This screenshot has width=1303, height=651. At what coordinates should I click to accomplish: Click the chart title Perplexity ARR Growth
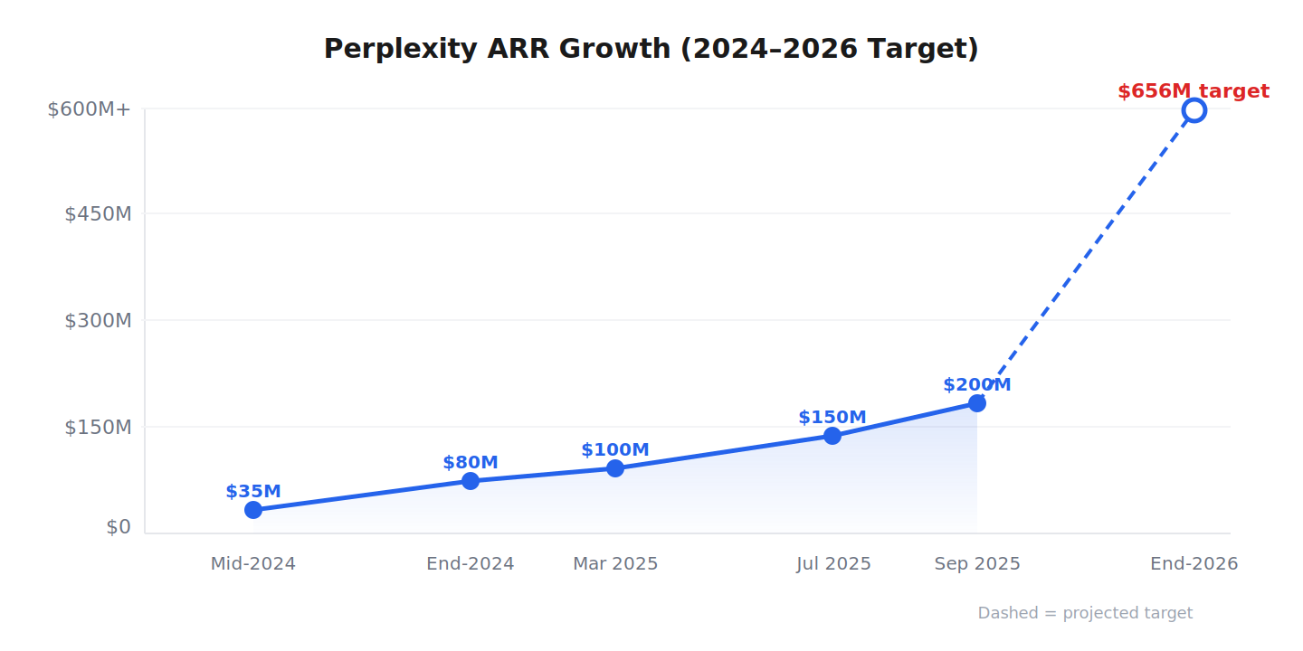tap(651, 49)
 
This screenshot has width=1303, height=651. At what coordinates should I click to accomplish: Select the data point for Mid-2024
tap(253, 510)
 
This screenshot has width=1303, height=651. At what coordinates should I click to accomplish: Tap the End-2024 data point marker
tap(471, 481)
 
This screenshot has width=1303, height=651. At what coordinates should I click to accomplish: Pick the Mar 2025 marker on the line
tap(615, 468)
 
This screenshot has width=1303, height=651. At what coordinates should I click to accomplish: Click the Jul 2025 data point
tap(832, 436)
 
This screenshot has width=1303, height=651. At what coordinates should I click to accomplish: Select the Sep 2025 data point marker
tap(977, 403)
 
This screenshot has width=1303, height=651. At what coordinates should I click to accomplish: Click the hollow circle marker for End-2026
tap(1194, 110)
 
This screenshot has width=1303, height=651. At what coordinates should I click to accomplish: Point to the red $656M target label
tap(1193, 91)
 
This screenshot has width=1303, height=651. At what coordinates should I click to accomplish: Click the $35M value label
tap(253, 492)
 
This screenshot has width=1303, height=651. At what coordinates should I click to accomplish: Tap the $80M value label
tap(471, 463)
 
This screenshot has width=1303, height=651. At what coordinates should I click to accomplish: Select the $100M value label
tap(615, 450)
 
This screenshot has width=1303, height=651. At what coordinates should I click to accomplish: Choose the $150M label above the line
tap(832, 418)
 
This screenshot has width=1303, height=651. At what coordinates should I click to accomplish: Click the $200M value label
tap(977, 385)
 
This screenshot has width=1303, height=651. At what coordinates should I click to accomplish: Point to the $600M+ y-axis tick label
tap(90, 109)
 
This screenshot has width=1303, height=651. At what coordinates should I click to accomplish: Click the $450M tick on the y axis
tap(98, 214)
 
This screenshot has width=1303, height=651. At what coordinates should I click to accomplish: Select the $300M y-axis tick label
tap(98, 321)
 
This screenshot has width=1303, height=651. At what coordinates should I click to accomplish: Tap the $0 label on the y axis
tap(119, 527)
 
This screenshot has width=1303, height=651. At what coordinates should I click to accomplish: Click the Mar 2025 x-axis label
tap(615, 564)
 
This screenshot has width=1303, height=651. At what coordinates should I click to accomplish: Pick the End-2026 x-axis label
tap(1194, 564)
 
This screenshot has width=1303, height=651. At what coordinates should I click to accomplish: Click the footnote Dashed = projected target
tap(1085, 613)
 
